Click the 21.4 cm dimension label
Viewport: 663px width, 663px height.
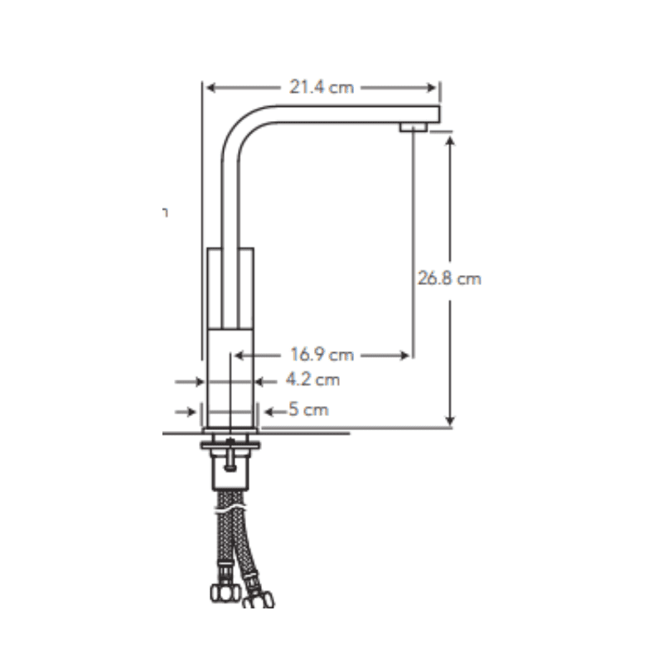[322, 87]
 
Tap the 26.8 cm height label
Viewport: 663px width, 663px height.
[449, 278]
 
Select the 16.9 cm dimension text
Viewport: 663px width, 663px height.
[322, 355]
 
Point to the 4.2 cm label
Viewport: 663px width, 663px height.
[313, 380]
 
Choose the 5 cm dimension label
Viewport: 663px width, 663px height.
[308, 409]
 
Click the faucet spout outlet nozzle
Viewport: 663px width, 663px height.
[414, 127]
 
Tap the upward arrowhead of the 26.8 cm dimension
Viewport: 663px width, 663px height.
[450, 141]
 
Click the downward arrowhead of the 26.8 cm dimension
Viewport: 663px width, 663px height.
[450, 420]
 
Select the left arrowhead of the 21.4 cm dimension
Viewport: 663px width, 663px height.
[211, 88]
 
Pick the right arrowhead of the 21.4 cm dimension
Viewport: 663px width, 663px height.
[431, 88]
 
